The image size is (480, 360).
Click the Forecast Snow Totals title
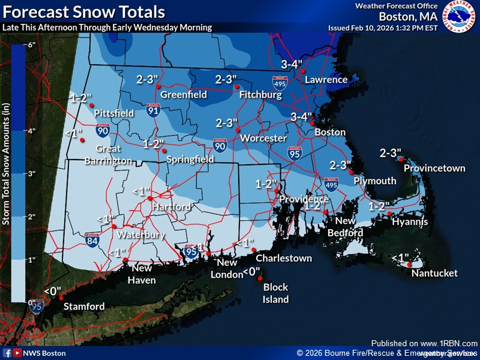coord(84,11)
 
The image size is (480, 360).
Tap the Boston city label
coord(330,132)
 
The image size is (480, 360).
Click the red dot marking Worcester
coord(238,130)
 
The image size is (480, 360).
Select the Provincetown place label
coord(434,168)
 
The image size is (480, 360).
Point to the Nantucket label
coord(434,274)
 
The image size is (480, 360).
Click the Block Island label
coord(276,293)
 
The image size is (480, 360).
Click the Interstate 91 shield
coord(153,110)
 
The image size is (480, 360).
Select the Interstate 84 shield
coord(91,241)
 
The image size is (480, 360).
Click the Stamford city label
coord(85,307)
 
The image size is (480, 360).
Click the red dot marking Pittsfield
coord(92,106)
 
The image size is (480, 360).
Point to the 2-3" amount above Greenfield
coord(147,79)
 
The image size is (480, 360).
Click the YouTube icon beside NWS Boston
coord(17,353)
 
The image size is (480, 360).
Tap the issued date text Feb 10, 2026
coord(372,28)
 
